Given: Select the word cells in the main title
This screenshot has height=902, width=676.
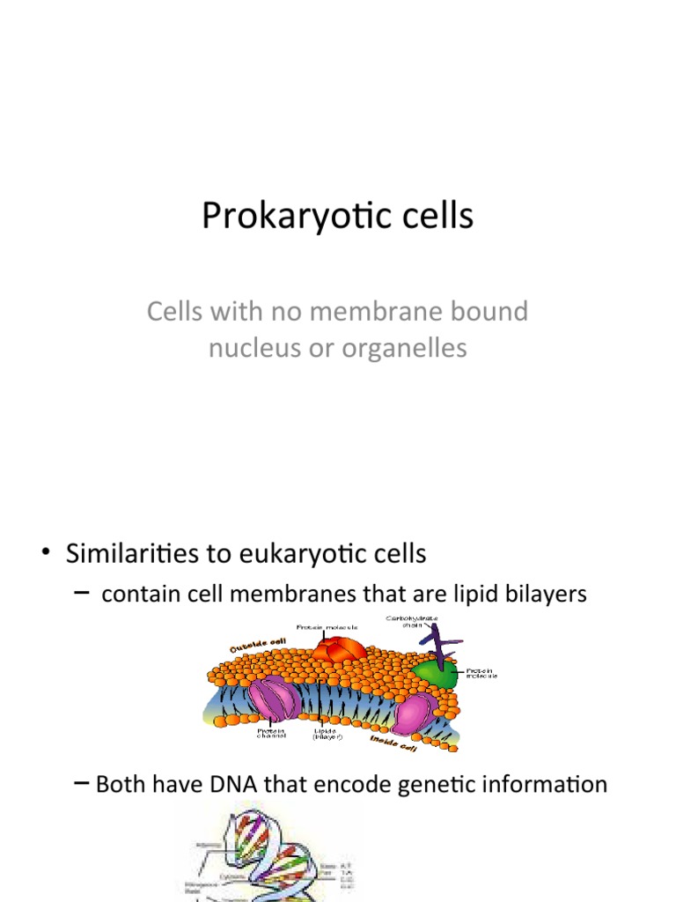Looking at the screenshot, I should [x=430, y=216].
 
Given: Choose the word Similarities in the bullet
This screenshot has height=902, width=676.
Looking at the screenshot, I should [x=147, y=554].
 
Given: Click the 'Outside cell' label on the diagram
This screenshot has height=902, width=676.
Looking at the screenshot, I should [x=259, y=647].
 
